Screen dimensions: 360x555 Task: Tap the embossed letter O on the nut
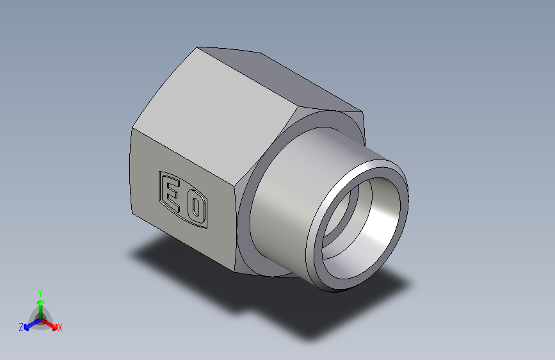195,208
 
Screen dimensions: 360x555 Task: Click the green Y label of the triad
40,292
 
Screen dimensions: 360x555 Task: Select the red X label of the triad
60,328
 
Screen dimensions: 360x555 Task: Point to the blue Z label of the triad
21,327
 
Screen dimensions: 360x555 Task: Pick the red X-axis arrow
51,323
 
